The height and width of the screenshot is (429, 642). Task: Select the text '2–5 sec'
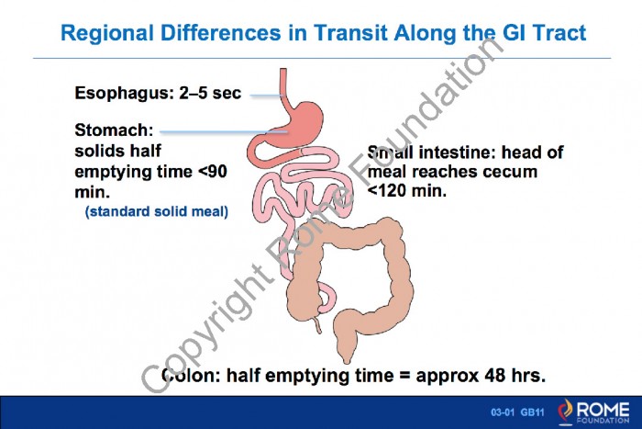coord(210,93)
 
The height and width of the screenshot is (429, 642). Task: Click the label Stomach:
coord(114,130)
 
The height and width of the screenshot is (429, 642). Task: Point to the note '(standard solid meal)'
coord(157,211)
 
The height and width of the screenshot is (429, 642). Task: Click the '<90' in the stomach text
coord(213,171)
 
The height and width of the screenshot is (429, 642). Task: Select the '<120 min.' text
coord(407,190)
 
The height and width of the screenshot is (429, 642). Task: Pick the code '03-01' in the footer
coord(503,412)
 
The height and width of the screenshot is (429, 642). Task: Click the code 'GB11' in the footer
coord(532,412)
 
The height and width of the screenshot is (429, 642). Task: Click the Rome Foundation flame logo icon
coord(566,411)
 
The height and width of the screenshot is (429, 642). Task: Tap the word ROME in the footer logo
coord(603,410)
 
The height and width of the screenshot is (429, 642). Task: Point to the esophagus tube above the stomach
coord(283,85)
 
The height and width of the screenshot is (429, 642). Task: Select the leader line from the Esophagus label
coord(267,96)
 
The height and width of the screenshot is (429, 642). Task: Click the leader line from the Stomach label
coord(224,131)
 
